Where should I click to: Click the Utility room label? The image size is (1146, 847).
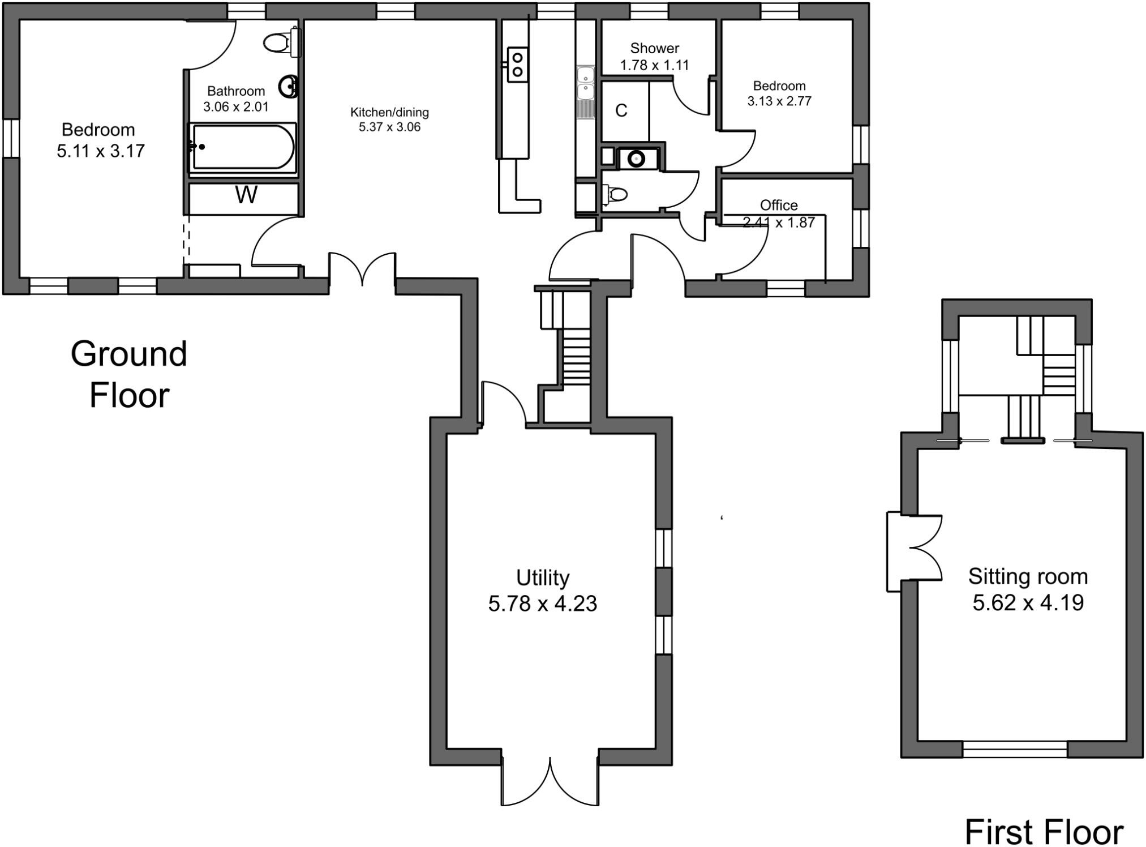(542, 578)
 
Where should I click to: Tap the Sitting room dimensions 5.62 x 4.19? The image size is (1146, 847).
(1028, 602)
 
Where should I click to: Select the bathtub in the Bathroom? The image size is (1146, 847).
(242, 147)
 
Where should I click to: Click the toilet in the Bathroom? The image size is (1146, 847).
(280, 42)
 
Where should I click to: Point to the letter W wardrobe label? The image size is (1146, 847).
(246, 195)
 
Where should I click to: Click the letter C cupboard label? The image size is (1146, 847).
(621, 110)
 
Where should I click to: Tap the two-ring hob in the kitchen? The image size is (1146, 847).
(517, 65)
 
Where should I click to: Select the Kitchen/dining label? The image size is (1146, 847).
(389, 112)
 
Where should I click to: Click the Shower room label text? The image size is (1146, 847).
(654, 48)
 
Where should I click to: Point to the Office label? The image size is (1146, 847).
(779, 205)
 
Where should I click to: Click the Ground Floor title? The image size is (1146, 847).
(129, 374)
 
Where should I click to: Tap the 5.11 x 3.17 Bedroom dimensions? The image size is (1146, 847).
(101, 151)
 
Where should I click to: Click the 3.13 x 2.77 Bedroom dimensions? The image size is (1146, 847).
(779, 101)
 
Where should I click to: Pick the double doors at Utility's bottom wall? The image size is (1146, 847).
(550, 784)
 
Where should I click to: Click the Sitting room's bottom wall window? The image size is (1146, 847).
(1015, 749)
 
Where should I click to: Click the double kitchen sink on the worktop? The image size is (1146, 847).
(585, 83)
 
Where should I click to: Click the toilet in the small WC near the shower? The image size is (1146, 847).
(616, 195)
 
